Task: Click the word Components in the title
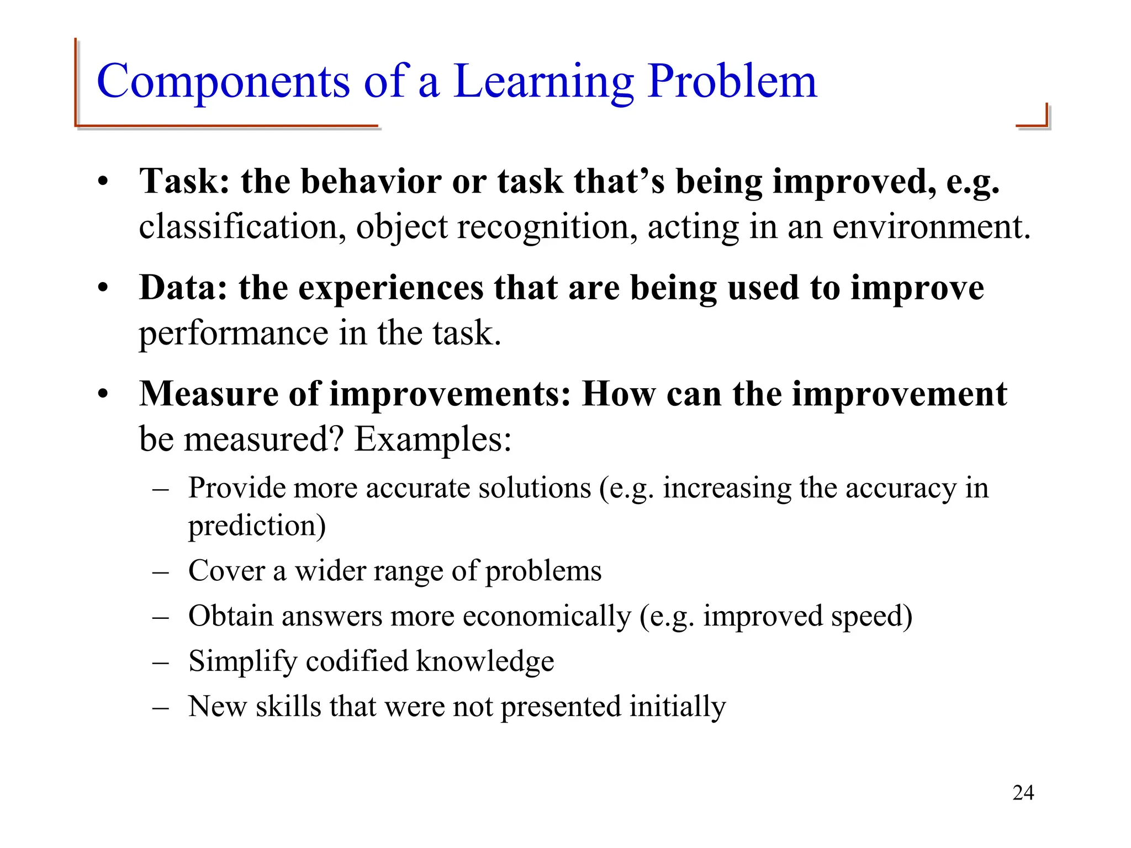point(223,81)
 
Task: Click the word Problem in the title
point(732,81)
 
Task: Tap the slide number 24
point(1023,793)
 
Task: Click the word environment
point(931,227)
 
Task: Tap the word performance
point(234,333)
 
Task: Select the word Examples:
point(432,439)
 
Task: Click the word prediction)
point(257,525)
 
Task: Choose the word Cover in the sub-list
point(226,570)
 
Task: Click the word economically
point(547,616)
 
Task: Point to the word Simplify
point(243,661)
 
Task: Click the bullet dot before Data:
point(103,289)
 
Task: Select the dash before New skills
point(160,707)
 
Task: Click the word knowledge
point(484,661)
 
